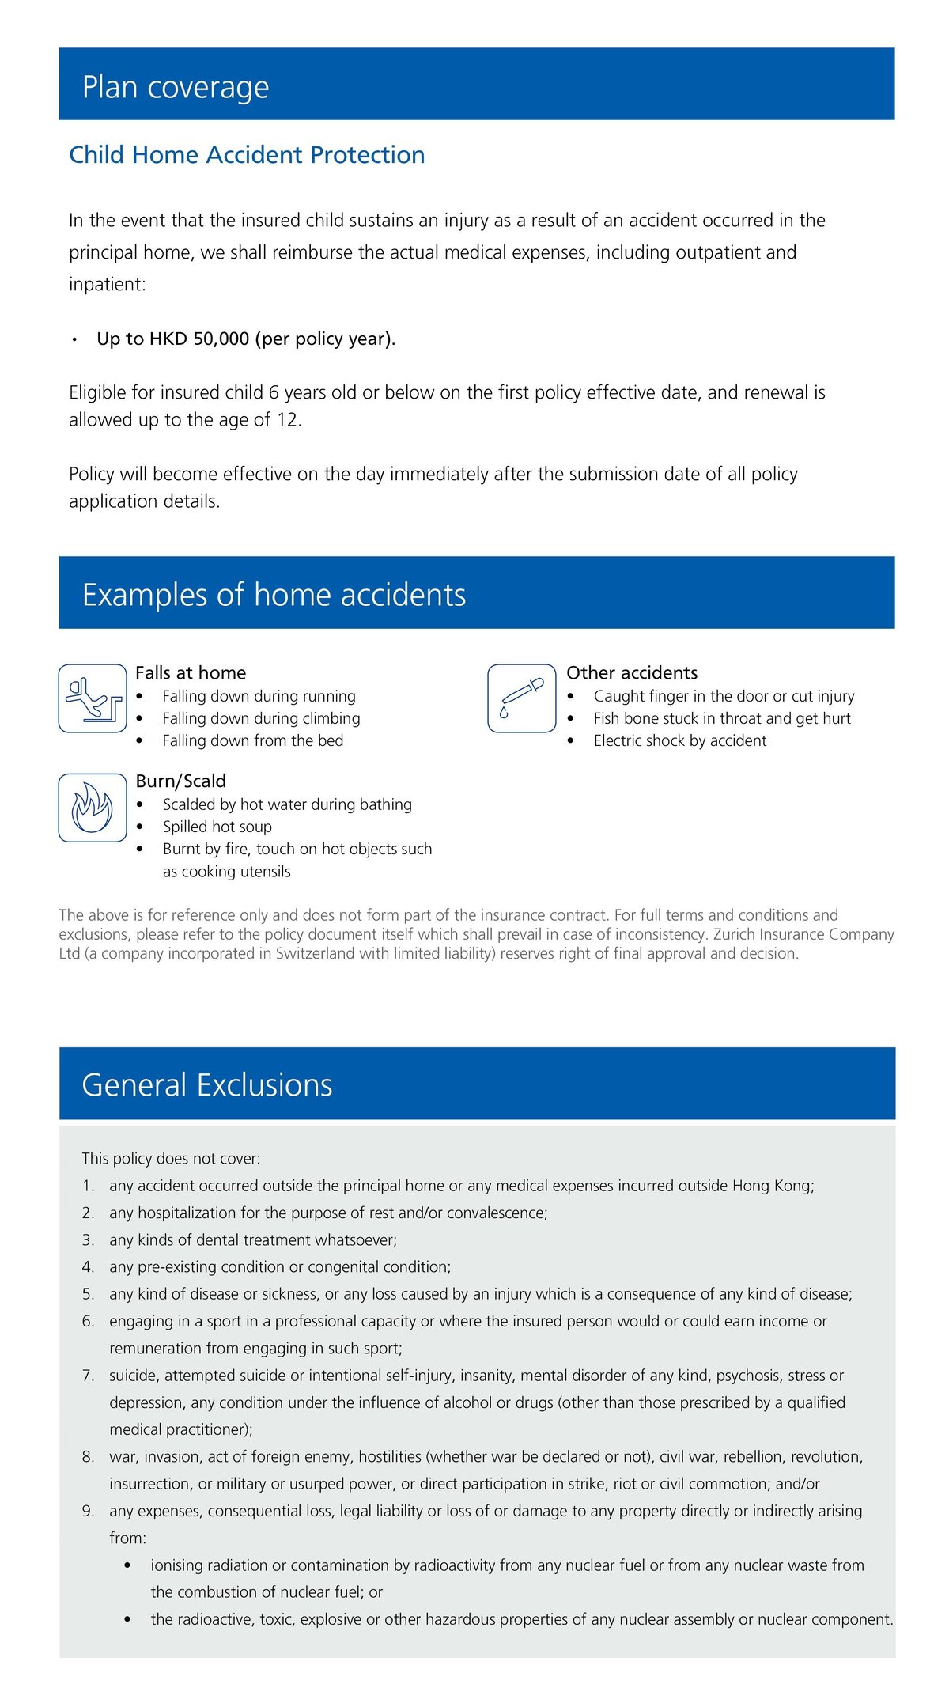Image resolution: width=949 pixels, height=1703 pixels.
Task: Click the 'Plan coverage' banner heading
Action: (176, 87)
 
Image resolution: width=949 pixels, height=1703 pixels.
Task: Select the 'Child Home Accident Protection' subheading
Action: (247, 155)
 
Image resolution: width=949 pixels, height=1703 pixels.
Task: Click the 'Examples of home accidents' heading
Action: (274, 595)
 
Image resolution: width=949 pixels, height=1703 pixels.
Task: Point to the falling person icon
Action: (93, 698)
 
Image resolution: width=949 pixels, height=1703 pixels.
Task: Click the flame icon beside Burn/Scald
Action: (93, 808)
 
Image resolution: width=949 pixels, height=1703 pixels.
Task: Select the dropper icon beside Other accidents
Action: (522, 698)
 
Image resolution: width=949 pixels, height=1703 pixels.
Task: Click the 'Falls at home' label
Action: (191, 673)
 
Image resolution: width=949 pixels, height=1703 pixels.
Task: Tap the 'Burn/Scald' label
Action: (181, 781)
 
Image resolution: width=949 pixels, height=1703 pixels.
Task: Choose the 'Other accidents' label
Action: (632, 673)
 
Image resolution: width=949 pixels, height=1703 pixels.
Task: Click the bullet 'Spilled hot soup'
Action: (217, 827)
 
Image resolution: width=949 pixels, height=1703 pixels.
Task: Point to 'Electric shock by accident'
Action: (680, 741)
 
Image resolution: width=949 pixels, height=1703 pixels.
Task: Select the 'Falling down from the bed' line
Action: (253, 741)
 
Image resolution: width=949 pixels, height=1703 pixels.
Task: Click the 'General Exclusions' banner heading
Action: (207, 1085)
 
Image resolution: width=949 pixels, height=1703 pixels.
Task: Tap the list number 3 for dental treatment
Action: (88, 1240)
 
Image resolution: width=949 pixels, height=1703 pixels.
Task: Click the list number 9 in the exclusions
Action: (88, 1512)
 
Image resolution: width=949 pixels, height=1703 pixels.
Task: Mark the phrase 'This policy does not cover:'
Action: (171, 1159)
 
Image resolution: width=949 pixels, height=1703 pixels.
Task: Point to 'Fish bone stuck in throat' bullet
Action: (722, 719)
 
